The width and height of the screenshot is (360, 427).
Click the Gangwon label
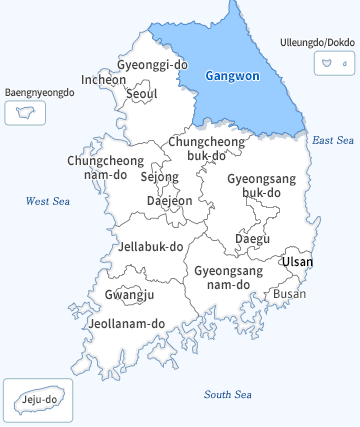click(x=231, y=75)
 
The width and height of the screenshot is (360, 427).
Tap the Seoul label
click(x=142, y=95)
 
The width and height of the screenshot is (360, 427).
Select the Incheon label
click(x=104, y=80)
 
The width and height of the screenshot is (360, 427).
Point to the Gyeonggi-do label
click(x=152, y=65)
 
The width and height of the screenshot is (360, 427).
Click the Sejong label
click(x=159, y=177)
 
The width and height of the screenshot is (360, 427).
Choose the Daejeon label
click(x=169, y=200)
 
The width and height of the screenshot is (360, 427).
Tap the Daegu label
click(x=252, y=238)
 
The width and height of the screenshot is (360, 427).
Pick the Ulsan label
click(x=297, y=262)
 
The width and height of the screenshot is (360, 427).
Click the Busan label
click(x=290, y=293)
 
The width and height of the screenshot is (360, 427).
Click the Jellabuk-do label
click(x=151, y=246)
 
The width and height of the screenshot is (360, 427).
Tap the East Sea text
click(x=333, y=140)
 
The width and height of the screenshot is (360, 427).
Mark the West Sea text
click(x=47, y=201)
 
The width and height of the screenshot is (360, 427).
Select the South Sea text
click(x=228, y=394)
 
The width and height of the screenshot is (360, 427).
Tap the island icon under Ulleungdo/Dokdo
click(x=327, y=63)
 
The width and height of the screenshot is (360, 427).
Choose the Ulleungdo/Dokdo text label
click(x=318, y=42)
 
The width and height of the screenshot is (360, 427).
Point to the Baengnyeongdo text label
click(x=40, y=92)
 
